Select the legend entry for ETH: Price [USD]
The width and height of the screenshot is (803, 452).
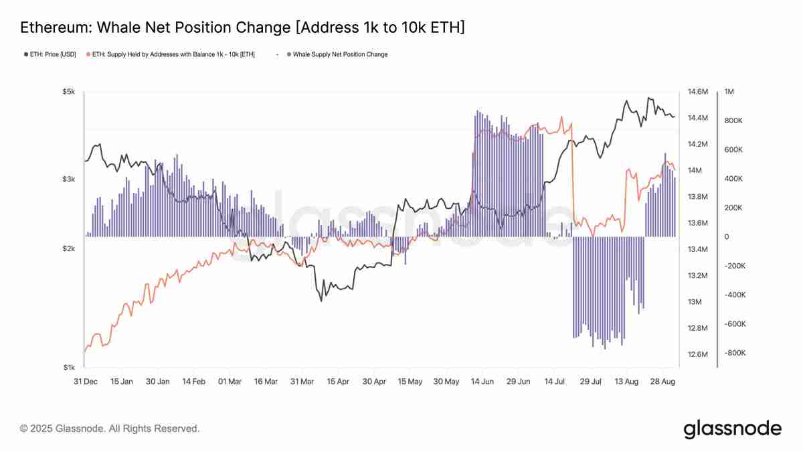coord(50,54)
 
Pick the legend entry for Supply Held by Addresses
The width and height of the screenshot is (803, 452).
coord(174,54)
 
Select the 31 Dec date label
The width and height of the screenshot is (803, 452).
coord(85,382)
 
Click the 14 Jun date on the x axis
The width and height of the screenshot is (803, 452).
coord(482,382)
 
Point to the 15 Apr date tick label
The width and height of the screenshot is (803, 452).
coord(338,382)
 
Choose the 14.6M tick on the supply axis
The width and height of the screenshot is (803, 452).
coord(698,92)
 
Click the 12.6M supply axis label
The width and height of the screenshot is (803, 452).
coord(698,354)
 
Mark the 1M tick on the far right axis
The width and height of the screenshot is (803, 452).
coord(729,92)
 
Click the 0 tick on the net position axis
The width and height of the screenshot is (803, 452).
coord(727,237)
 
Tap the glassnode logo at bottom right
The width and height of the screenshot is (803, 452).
coord(732,429)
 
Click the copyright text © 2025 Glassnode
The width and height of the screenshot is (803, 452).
coord(110,429)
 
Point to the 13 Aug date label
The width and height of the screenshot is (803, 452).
coord(626,382)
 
